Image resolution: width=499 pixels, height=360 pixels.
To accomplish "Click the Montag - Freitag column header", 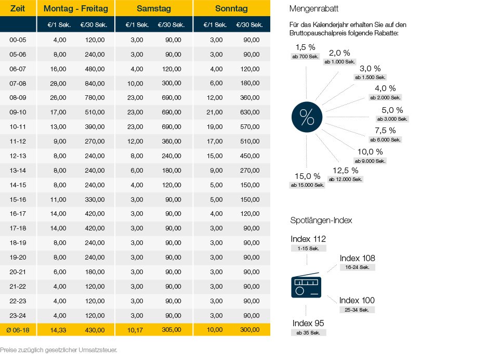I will [76, 9].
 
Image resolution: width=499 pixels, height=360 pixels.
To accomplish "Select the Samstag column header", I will [154, 9].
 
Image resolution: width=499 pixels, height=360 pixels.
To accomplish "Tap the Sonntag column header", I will [231, 9].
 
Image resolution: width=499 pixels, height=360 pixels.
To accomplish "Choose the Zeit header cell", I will [18, 9].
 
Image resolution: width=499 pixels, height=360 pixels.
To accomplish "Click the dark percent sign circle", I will [307, 117].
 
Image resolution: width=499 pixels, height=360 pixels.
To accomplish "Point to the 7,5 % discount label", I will [385, 131].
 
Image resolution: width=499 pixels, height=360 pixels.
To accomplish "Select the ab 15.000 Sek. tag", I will [308, 185].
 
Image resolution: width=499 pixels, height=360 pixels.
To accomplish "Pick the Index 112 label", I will [308, 239].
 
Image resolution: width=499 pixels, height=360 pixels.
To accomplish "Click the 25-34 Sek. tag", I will [357, 310].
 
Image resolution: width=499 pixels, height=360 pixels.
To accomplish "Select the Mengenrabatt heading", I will [314, 9].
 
